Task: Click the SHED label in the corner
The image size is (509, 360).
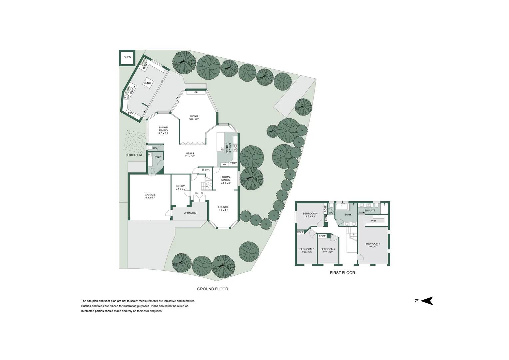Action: tap(127, 57)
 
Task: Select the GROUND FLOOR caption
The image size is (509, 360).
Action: tap(213, 289)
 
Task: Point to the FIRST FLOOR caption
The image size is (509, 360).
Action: tap(342, 273)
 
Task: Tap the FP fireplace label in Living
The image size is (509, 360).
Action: tap(196, 92)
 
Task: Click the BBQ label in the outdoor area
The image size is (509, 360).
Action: tap(131, 113)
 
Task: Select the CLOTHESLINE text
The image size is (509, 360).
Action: tap(134, 155)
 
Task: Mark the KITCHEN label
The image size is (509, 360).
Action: tap(228, 148)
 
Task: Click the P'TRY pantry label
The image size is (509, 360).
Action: tap(233, 163)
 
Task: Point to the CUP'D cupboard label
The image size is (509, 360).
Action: tap(206, 170)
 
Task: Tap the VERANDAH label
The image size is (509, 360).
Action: tap(191, 213)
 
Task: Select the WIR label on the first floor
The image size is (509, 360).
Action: tap(373, 221)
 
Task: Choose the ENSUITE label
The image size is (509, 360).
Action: tap(370, 210)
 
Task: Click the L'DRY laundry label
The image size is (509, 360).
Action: tap(157, 157)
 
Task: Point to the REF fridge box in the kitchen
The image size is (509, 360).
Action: tap(225, 164)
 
